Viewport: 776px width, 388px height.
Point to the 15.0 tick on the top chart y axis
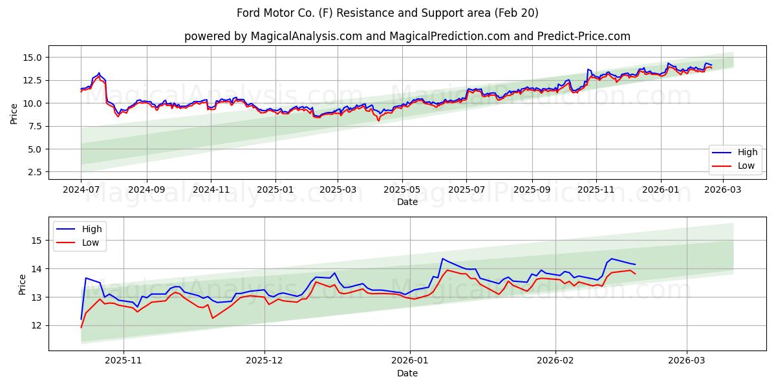coord(32,58)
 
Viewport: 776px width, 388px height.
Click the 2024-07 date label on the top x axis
coord(81,190)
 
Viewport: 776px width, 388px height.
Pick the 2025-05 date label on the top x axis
coord(402,190)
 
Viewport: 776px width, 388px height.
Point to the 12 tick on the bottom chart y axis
coord(37,325)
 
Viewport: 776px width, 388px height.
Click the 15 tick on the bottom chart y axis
coord(37,241)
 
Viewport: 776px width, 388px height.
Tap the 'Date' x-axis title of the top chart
coord(407,202)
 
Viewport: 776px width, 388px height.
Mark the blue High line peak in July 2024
coord(99,73)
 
